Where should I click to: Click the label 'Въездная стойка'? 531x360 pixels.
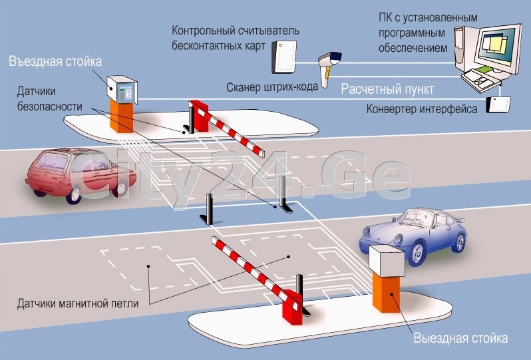[55, 62]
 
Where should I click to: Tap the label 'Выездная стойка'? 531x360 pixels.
[460, 338]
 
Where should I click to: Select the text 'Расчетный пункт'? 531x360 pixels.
[387, 89]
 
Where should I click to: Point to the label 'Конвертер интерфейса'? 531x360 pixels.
[421, 108]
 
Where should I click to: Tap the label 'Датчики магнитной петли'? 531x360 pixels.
[79, 304]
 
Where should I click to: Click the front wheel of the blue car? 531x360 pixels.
[418, 252]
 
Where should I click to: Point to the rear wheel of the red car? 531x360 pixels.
[74, 192]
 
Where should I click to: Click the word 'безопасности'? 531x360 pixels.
[51, 104]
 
